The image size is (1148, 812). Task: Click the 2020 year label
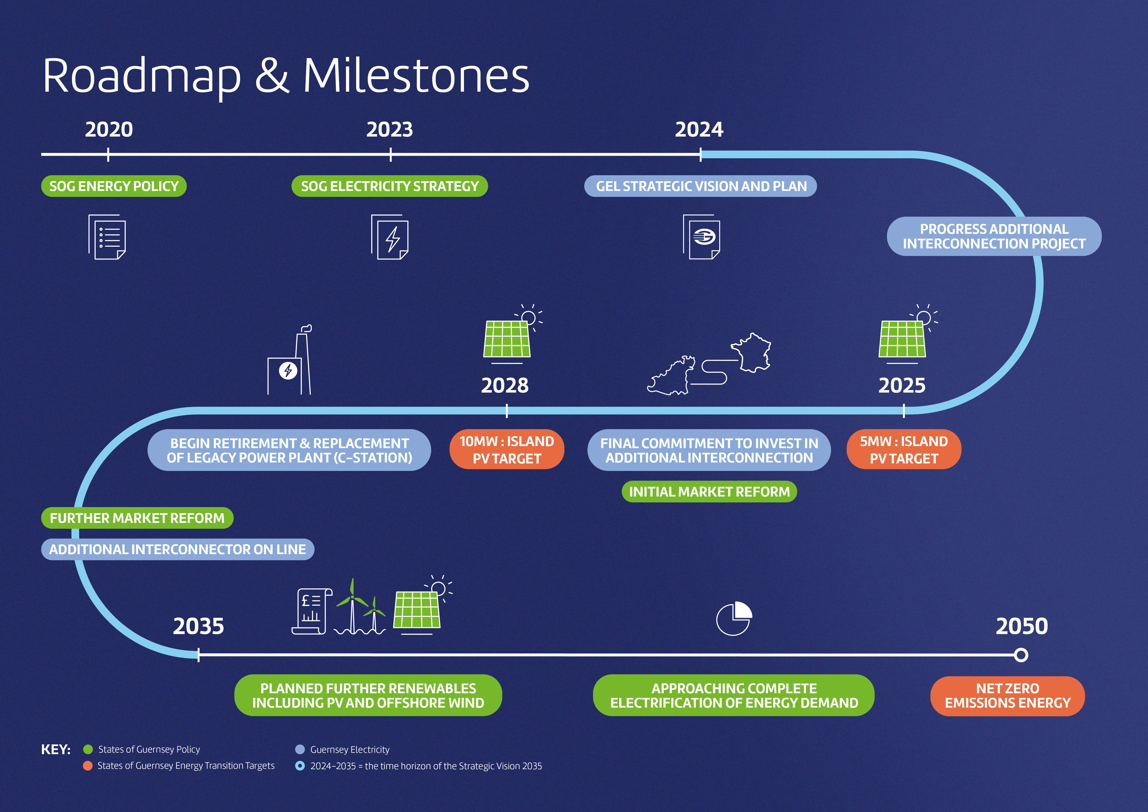point(109,129)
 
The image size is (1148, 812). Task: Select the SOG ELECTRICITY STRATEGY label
point(389,186)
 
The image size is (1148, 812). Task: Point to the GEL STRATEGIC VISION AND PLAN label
point(700,186)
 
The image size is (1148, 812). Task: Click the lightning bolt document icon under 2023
point(390,237)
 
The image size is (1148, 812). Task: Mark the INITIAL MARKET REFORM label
point(709,491)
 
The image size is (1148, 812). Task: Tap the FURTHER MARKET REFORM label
point(137,518)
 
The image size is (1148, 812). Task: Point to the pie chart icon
point(734,619)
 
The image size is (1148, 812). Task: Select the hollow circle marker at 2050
point(1021,655)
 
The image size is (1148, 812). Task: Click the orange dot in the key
point(87,765)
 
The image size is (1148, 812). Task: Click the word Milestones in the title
point(416,76)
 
